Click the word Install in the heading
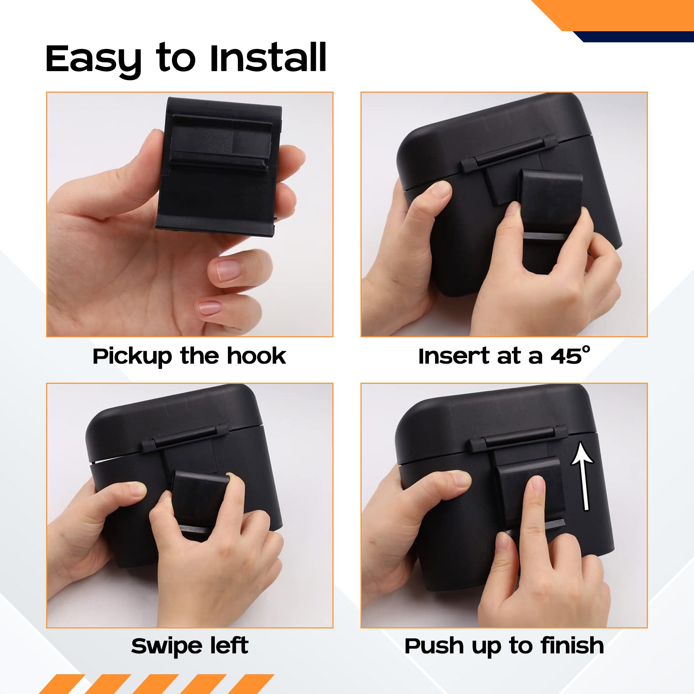(268, 58)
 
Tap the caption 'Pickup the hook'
(189, 356)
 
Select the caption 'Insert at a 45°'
(504, 356)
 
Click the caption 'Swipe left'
(190, 645)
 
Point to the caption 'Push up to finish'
(504, 646)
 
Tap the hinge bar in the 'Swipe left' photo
(185, 438)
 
